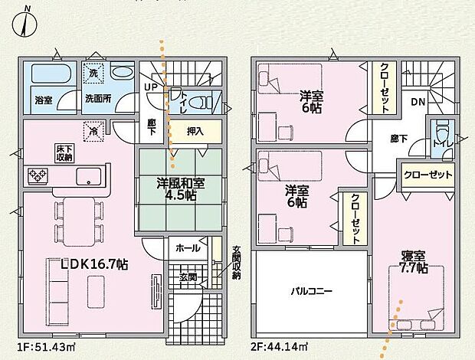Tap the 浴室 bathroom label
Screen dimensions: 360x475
(42, 100)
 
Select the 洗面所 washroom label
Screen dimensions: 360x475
(99, 100)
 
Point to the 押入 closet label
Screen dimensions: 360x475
(196, 132)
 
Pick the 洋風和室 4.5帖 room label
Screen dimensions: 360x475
(181, 188)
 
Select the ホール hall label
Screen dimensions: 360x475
(188, 248)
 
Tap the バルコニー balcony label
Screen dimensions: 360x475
(311, 292)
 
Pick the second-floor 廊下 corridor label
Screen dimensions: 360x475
(398, 138)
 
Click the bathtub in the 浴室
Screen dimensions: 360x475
(46, 77)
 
